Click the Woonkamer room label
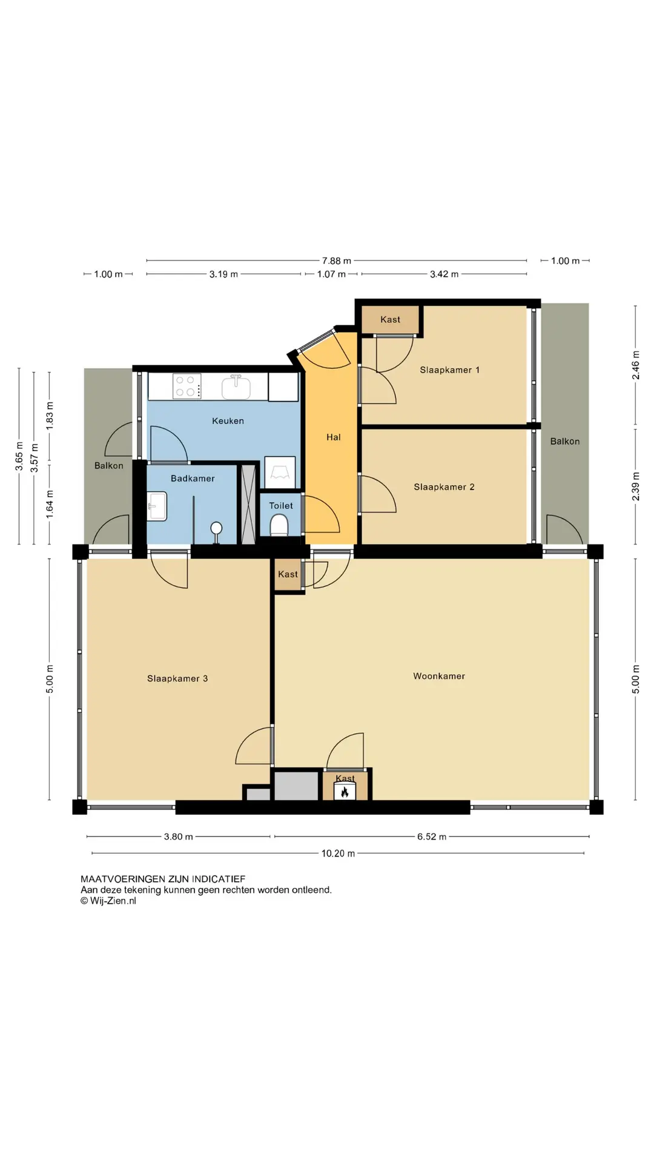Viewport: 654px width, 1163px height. [439, 676]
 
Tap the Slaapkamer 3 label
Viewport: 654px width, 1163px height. [177, 678]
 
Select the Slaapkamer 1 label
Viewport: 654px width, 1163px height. [450, 370]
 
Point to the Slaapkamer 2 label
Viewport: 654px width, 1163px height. [444, 487]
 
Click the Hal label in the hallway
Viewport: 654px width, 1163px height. [334, 437]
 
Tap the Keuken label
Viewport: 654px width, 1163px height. [228, 421]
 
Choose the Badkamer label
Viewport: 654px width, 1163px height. [193, 479]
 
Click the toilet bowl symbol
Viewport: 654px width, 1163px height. [279, 525]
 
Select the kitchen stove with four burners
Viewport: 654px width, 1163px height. [187, 386]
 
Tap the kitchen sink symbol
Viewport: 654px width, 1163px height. [236, 387]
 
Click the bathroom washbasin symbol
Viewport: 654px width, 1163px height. [157, 506]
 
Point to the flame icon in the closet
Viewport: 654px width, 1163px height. [345, 792]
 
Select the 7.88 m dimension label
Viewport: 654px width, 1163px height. [337, 261]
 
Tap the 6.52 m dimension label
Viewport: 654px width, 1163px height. [432, 837]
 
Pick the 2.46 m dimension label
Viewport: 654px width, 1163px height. [636, 365]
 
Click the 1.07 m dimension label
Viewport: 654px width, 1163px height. [331, 274]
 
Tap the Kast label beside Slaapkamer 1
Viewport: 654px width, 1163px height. [391, 320]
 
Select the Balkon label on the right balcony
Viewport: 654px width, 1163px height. [565, 442]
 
